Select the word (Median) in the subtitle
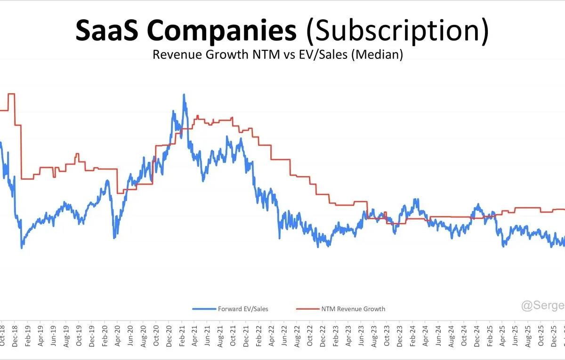379,55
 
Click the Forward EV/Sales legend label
243,309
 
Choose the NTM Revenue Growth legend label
353,309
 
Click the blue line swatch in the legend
204,309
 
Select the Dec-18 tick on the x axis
16,336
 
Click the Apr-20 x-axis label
117,336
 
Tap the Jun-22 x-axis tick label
284,336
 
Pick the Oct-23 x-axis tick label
386,336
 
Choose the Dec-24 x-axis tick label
476,336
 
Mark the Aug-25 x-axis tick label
528,336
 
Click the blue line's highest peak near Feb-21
184,95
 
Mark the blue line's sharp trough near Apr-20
114,237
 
